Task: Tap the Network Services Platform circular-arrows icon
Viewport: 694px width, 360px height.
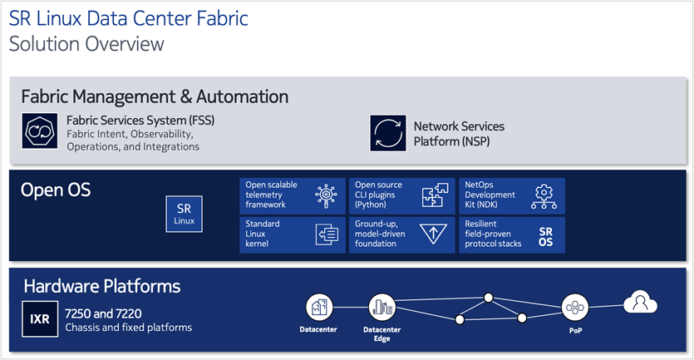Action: [x=387, y=133]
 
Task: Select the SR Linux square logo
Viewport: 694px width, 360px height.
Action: [x=183, y=214]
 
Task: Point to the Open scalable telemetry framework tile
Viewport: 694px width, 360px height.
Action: [x=290, y=195]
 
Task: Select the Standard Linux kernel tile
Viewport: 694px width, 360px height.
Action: [x=290, y=234]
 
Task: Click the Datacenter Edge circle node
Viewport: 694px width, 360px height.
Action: [x=382, y=306]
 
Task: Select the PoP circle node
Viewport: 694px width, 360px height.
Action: [x=574, y=306]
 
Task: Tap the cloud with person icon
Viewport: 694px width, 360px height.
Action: [x=640, y=302]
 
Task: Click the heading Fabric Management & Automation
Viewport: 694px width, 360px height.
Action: [x=155, y=96]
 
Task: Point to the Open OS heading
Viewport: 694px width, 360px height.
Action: [x=56, y=190]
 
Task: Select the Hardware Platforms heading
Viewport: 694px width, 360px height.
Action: [x=101, y=287]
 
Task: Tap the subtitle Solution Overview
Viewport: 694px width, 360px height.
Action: [x=86, y=43]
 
